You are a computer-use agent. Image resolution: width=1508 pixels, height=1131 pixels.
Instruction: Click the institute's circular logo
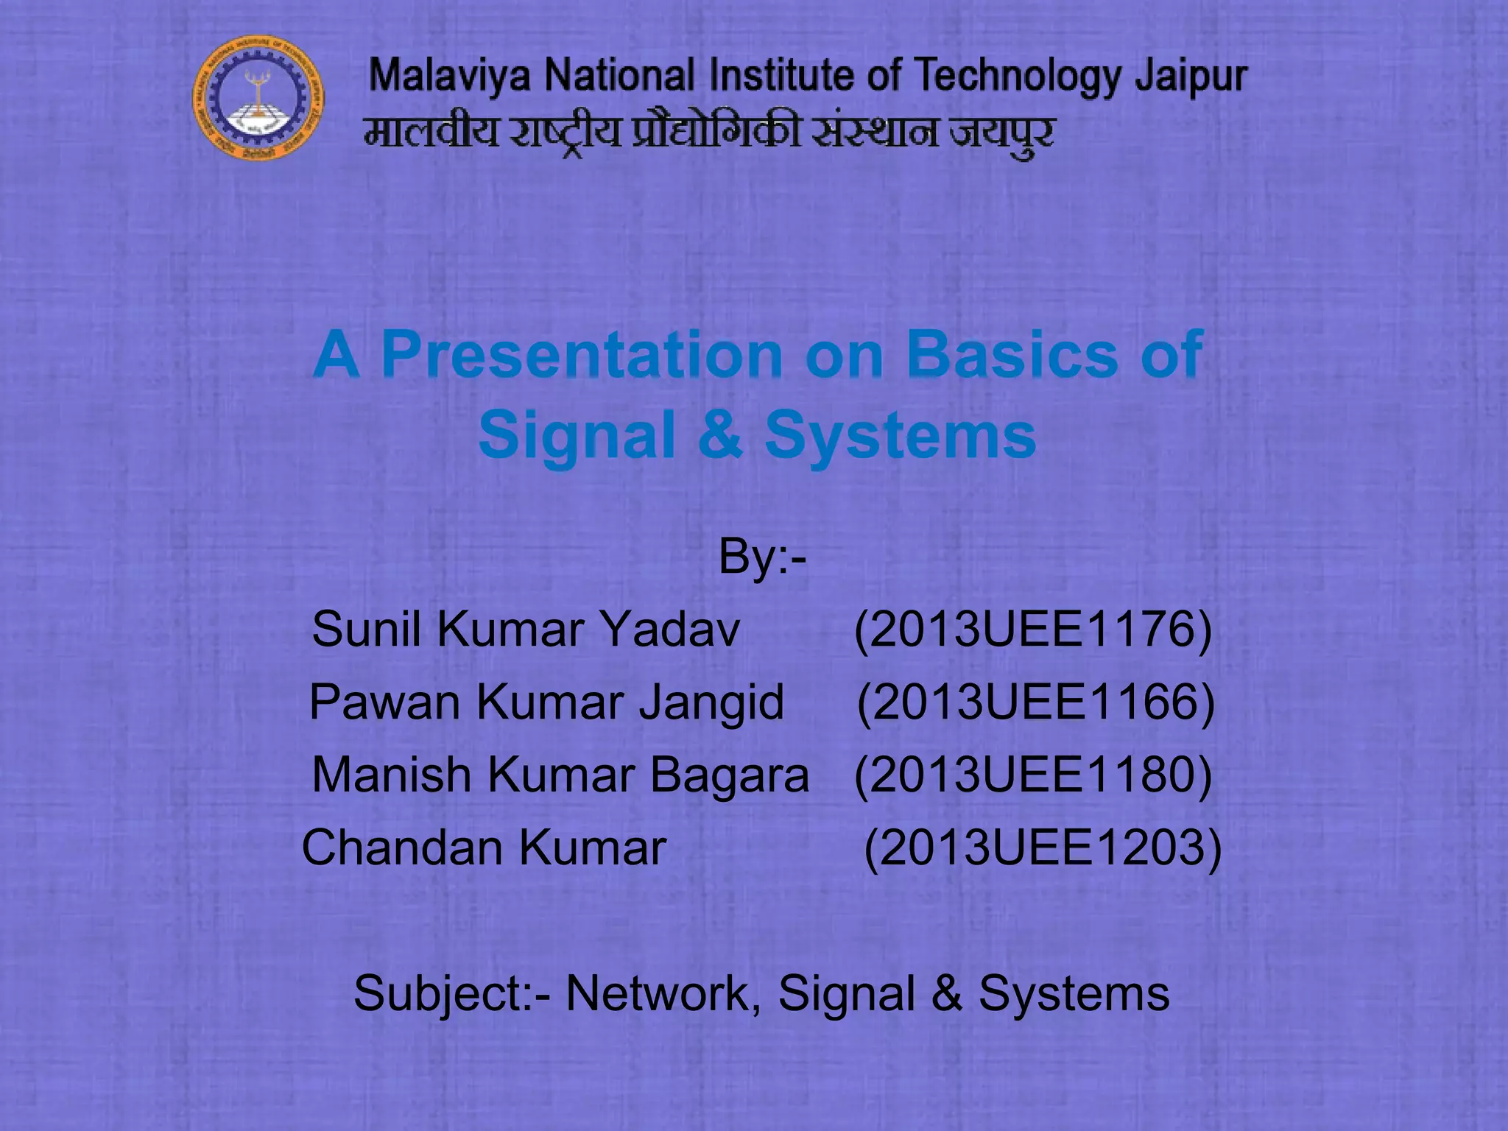point(258,98)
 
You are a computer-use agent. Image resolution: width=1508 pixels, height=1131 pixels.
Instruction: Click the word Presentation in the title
point(582,354)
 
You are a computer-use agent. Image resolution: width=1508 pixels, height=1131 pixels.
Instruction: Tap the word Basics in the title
point(1012,354)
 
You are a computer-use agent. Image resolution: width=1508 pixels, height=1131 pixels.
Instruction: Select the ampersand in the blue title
point(719,434)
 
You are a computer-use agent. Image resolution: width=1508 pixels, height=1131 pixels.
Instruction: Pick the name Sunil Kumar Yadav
point(526,630)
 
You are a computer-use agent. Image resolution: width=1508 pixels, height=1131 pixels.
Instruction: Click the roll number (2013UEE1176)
point(1032,630)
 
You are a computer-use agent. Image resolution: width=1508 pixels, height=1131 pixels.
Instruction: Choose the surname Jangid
point(711,702)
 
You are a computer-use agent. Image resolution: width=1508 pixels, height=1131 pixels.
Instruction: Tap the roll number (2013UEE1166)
point(1035,702)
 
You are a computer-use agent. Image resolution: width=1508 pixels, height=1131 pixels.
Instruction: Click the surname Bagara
point(729,775)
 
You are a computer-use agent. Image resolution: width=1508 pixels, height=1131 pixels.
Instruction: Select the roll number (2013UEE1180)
point(1032,775)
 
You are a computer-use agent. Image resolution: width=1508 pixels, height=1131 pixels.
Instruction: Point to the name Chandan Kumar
point(484,848)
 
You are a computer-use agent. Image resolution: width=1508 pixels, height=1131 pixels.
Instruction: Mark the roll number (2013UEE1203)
point(1042,848)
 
